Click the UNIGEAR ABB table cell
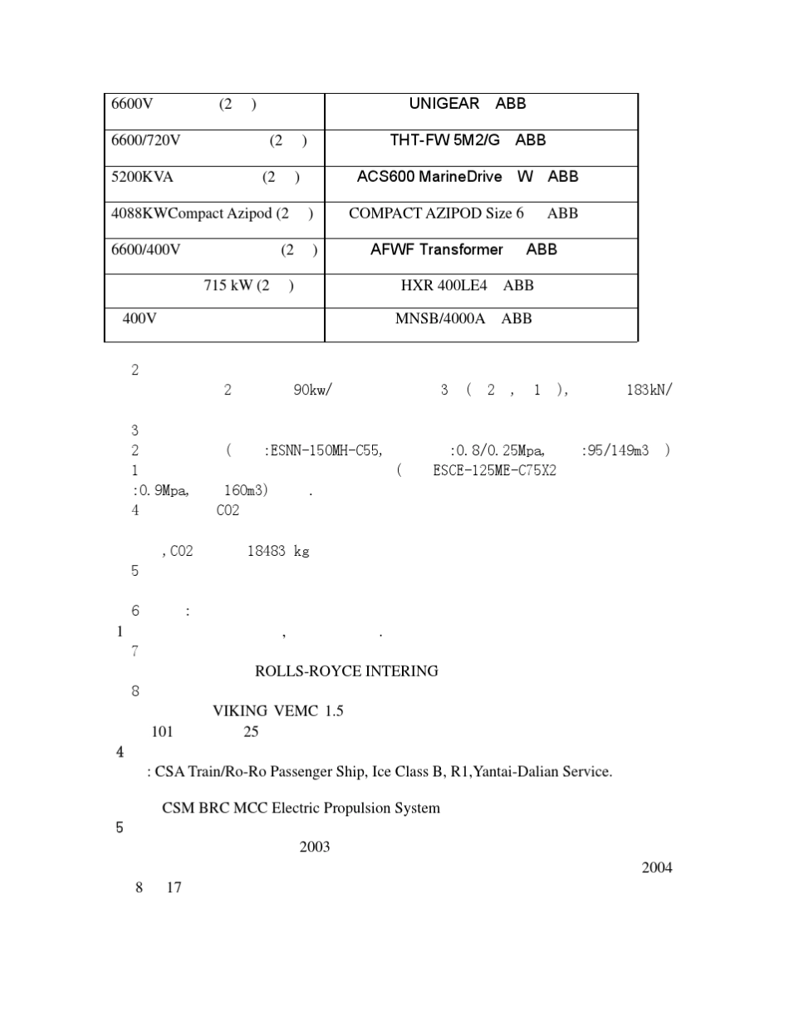(468, 104)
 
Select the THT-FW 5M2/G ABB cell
(468, 140)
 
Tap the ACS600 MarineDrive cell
(468, 177)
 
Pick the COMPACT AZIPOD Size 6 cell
(463, 214)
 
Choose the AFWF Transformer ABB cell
(463, 249)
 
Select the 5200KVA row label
(143, 177)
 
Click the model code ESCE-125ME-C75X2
(494, 471)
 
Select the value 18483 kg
(277, 552)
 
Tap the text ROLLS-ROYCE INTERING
(346, 671)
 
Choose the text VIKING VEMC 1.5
(277, 711)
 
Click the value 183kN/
(649, 391)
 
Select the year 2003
(315, 848)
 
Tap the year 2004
(657, 868)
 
